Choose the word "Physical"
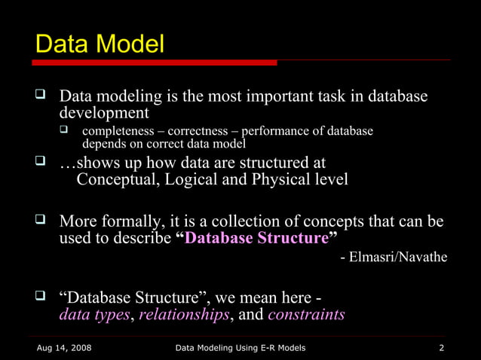283,179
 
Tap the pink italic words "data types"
94,314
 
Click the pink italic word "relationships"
184,314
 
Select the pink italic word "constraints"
306,314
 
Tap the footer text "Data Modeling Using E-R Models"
240,347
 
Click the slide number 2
441,347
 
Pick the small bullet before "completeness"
65,131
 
